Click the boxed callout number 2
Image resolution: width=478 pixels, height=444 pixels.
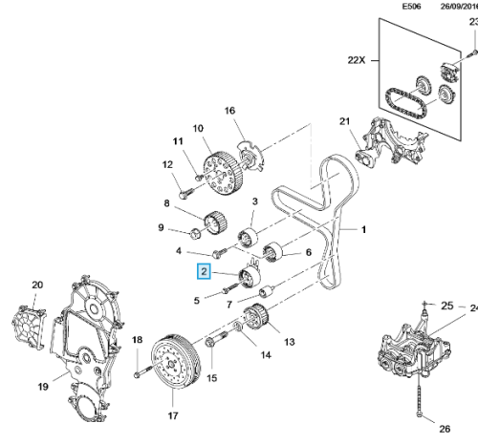(203, 272)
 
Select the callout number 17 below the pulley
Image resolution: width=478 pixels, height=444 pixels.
(173, 415)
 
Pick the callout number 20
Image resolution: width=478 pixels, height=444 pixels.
(38, 284)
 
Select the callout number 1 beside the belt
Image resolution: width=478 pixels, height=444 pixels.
(363, 229)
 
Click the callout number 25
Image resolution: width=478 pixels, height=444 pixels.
(446, 306)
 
